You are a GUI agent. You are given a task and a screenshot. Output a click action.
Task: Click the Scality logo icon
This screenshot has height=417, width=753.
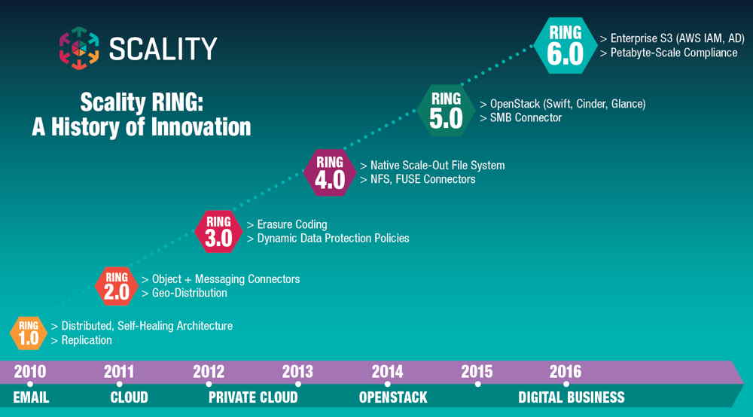(79, 48)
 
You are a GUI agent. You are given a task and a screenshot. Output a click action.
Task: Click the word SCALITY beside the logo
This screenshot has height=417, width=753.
(163, 48)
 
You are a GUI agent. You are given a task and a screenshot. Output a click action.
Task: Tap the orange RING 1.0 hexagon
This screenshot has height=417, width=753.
(29, 333)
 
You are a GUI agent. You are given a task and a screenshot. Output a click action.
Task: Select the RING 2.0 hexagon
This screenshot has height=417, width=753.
(117, 286)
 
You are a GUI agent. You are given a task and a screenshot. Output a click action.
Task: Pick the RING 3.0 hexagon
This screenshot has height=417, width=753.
(218, 231)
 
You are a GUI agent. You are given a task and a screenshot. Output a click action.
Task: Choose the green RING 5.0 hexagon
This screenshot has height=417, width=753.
(446, 111)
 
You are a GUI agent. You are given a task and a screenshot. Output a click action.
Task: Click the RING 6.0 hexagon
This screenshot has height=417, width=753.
(566, 46)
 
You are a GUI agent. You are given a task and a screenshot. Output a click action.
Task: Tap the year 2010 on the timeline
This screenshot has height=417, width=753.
(30, 371)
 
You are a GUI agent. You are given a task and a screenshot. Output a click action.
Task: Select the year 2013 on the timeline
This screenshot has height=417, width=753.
(297, 371)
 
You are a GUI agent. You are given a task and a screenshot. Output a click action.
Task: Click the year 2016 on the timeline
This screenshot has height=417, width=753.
(566, 371)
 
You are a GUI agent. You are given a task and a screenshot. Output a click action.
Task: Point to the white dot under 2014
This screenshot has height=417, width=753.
(388, 384)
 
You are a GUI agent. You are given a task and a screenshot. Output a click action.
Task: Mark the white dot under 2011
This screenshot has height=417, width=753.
(119, 384)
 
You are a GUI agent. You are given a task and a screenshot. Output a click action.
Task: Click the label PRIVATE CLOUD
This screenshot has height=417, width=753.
(253, 397)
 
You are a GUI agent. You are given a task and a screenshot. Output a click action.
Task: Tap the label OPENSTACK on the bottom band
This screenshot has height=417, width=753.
(393, 397)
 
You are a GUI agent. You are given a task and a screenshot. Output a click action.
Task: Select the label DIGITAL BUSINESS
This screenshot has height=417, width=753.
(572, 397)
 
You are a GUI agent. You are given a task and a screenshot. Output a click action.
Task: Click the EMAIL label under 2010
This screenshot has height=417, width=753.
(31, 397)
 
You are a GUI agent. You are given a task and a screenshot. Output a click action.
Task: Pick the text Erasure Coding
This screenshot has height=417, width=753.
(292, 224)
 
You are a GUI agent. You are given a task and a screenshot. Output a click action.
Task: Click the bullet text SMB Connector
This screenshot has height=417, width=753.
(526, 117)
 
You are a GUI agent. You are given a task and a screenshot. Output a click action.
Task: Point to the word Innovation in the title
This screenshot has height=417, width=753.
(201, 127)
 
